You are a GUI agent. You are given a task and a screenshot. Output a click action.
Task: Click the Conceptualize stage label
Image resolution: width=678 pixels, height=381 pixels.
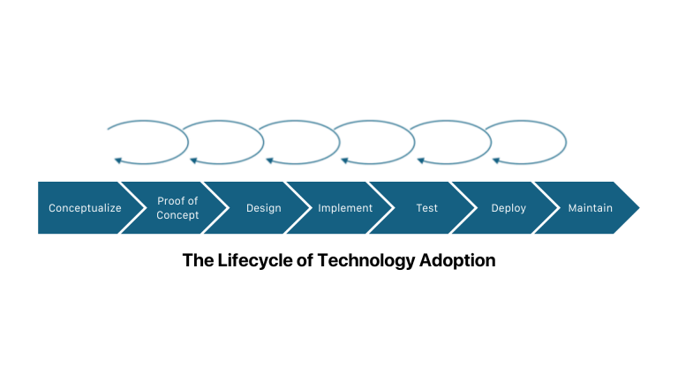coord(85,208)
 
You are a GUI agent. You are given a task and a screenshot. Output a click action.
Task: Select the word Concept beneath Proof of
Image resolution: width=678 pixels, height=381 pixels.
coord(177,215)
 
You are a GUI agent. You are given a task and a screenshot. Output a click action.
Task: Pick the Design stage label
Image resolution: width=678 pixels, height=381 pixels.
coord(264,208)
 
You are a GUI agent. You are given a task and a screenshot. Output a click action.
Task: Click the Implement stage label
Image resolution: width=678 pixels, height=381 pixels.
coord(345,208)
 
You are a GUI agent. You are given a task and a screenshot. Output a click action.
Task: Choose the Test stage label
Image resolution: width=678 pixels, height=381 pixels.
coord(426,208)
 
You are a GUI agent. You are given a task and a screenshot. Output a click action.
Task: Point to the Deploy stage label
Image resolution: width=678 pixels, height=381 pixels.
coord(508,208)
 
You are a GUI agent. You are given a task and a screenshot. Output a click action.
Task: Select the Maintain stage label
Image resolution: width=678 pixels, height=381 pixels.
coord(591,208)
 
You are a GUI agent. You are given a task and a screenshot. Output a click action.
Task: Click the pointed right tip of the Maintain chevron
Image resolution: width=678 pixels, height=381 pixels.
coord(639,208)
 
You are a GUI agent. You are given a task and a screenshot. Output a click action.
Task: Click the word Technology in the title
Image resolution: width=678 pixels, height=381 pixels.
coord(366,260)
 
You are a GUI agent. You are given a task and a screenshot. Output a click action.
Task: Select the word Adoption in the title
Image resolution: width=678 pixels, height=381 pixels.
coord(457,260)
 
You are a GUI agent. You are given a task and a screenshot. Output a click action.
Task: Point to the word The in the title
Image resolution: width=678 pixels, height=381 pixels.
coord(198,260)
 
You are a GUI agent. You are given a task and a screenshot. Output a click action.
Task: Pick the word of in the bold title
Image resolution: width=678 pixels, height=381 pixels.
coord(305,260)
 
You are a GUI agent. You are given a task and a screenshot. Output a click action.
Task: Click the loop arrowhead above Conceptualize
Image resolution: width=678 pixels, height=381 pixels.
coord(117,161)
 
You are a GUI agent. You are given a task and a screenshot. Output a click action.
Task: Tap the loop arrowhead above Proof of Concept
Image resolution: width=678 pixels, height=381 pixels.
coord(193,161)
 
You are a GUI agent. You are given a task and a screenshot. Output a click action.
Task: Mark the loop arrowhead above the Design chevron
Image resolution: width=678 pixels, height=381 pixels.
coord(269,161)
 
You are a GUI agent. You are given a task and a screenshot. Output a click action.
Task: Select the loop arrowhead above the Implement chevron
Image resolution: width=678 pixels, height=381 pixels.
coord(344,161)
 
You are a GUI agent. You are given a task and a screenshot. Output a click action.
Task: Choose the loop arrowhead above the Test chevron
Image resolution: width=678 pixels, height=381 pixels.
coord(420,161)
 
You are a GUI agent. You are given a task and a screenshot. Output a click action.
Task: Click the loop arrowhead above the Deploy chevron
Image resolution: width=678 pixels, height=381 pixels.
coord(496,161)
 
